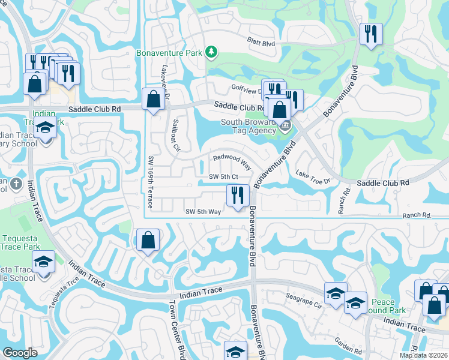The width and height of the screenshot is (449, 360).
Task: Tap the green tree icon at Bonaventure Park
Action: click(x=211, y=53)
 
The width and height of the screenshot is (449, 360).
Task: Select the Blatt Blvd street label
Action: click(x=261, y=43)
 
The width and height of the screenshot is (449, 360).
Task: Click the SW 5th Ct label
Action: click(x=224, y=176)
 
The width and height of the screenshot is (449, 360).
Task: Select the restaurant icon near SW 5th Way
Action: click(x=238, y=195)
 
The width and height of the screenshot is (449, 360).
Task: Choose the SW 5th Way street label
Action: click(x=203, y=212)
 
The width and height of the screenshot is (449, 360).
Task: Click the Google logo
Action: click(x=20, y=353)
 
